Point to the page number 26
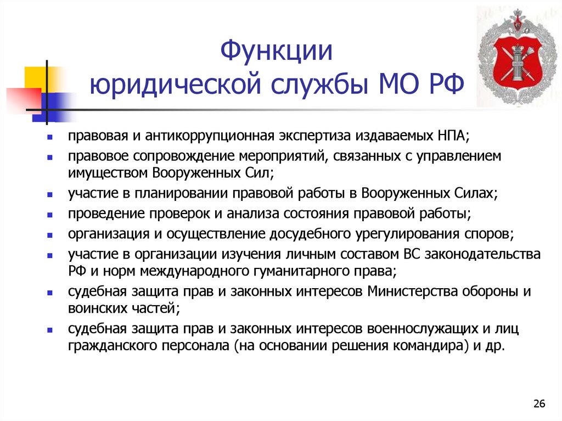point(539,405)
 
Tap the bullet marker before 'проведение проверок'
point(50,215)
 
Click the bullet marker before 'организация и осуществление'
point(50,235)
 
